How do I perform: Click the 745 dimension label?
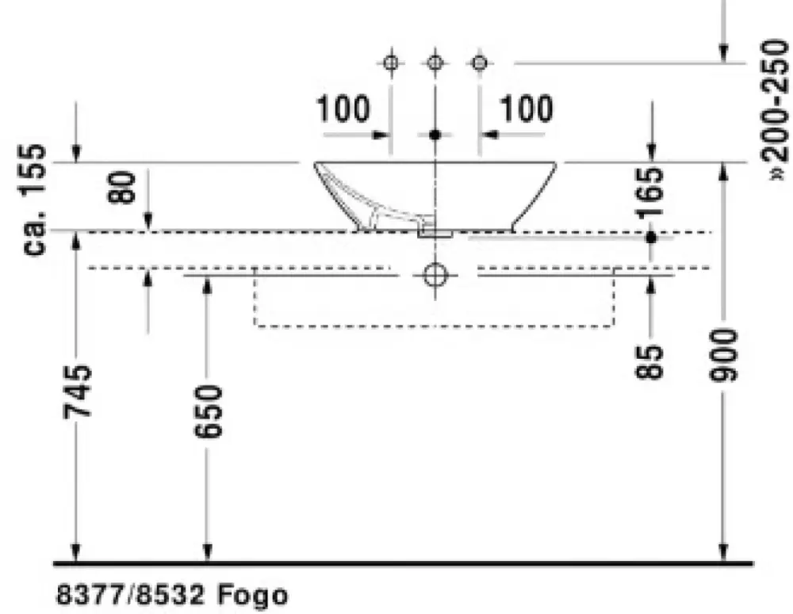(x=78, y=392)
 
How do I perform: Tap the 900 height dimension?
(x=724, y=355)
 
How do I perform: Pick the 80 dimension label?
(x=122, y=187)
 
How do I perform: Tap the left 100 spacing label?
(x=343, y=109)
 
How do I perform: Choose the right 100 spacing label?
(x=526, y=109)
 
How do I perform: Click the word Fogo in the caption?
(x=253, y=595)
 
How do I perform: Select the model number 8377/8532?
(x=130, y=595)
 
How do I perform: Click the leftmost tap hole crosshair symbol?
(x=391, y=63)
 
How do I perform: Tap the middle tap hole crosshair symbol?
(x=435, y=63)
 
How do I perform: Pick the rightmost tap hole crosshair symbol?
(x=480, y=63)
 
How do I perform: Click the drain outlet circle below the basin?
(x=435, y=276)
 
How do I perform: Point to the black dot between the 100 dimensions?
(x=435, y=135)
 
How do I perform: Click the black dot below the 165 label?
(x=651, y=237)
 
